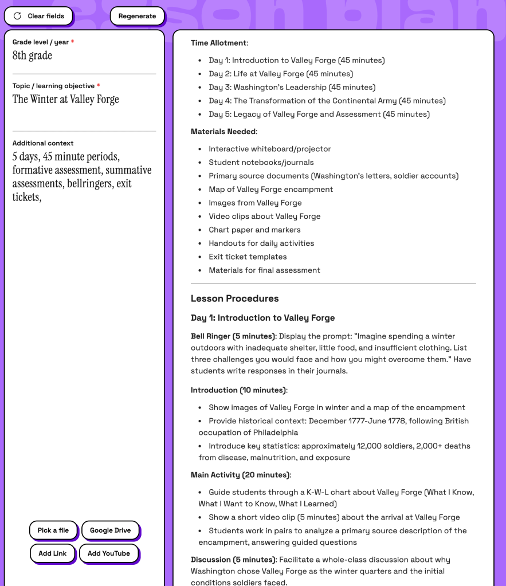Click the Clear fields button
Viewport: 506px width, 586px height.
tap(38, 16)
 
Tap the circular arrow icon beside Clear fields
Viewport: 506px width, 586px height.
tap(17, 16)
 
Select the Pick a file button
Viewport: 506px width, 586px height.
tap(53, 530)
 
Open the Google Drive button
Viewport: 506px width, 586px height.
tap(110, 530)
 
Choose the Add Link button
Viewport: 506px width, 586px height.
tap(53, 553)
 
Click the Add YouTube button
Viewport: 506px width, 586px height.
tap(109, 553)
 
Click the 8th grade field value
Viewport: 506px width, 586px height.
tap(32, 56)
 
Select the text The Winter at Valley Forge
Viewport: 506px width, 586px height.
tap(66, 99)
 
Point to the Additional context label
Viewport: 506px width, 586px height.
tap(43, 143)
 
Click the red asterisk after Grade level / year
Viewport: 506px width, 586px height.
tap(73, 42)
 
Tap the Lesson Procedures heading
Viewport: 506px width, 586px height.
tap(235, 298)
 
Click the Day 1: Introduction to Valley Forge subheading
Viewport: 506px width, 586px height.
tap(262, 318)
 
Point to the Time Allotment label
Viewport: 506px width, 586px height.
tap(219, 43)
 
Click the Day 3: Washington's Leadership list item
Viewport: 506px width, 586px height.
tap(292, 87)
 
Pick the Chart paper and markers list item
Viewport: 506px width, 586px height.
tap(254, 230)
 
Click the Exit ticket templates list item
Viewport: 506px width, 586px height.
tap(248, 257)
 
